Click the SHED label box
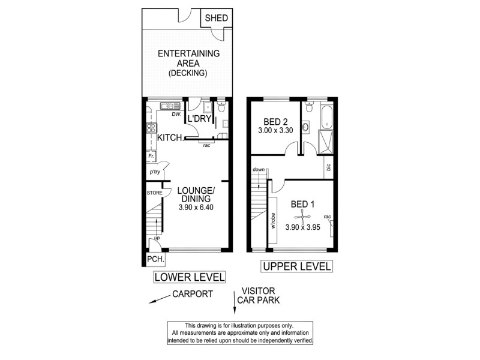[217, 19]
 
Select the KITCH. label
[170, 138]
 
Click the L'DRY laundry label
[198, 119]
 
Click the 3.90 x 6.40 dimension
[196, 208]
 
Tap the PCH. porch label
[155, 259]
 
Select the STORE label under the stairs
[154, 193]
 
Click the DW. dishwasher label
[176, 114]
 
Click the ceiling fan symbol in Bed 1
[303, 216]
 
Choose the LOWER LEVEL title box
[189, 277]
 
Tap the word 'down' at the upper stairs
[259, 170]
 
